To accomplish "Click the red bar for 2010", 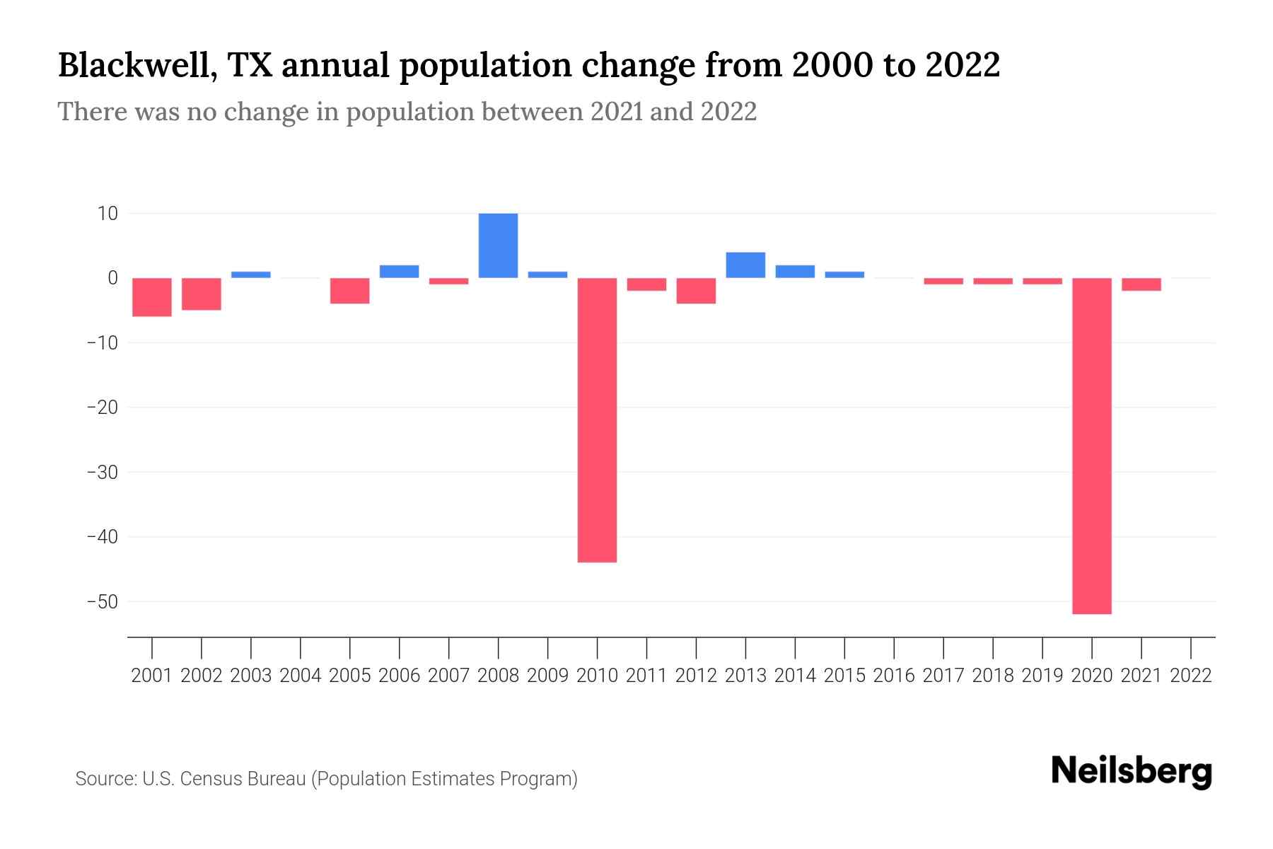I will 597,420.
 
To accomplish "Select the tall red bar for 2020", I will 1091,446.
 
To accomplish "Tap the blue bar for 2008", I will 498,246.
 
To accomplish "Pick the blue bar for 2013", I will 745,265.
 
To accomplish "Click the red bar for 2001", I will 152,297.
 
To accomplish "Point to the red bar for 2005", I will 350,291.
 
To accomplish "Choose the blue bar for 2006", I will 400,272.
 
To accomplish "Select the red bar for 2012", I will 696,291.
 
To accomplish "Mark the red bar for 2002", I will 202,294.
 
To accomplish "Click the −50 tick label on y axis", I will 102,601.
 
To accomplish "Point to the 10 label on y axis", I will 107,213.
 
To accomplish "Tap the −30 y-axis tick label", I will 102,472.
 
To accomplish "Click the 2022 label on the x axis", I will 1190,676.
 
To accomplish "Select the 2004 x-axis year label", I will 301,676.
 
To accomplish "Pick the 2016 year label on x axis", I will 894,676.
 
